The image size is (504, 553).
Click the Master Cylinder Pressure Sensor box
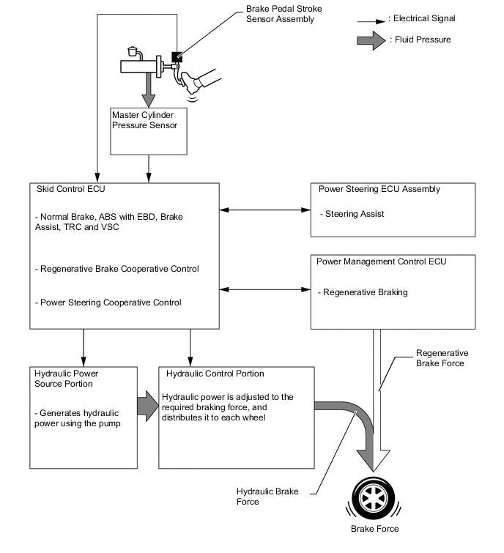149,131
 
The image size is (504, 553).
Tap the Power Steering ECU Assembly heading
379,189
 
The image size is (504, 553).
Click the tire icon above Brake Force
374,499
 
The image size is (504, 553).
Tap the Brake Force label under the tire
375,529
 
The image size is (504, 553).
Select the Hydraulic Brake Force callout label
267,497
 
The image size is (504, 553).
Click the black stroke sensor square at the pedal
177,56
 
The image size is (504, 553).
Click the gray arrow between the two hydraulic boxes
148,409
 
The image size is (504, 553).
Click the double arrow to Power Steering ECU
265,211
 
